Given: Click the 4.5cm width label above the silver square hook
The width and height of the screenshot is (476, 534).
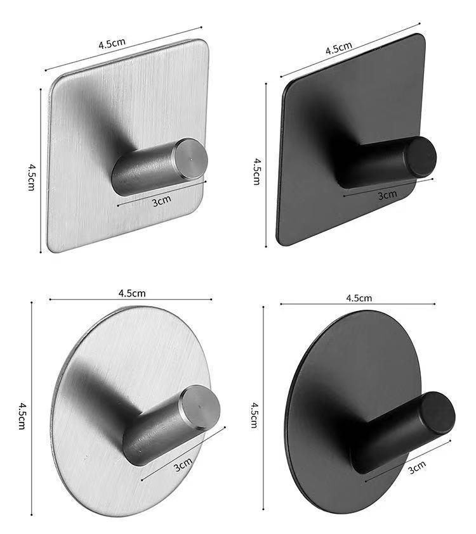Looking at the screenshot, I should (x=112, y=44).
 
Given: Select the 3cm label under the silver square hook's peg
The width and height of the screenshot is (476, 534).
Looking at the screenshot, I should (x=162, y=201).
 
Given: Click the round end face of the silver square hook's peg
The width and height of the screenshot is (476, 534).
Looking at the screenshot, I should (x=192, y=155).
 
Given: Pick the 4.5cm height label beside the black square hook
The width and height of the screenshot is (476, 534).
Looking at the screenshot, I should (x=256, y=171).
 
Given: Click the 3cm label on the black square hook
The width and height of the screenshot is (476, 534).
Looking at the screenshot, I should (x=387, y=195).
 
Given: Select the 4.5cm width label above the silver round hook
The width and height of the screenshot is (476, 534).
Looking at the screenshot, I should (x=132, y=293).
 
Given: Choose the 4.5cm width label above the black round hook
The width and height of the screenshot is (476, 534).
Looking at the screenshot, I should (x=359, y=298).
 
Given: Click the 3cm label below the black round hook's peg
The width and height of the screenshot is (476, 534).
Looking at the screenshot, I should (x=416, y=469).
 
